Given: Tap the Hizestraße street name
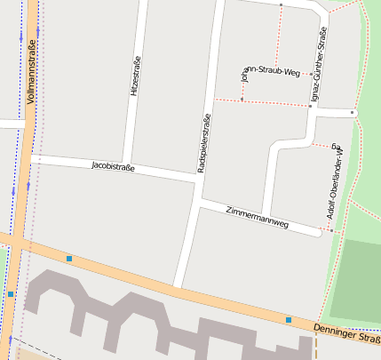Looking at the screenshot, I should click(x=135, y=76).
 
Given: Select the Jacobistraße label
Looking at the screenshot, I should click(x=113, y=166).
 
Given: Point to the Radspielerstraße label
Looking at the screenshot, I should click(x=204, y=143).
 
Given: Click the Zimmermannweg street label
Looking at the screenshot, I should click(x=258, y=218).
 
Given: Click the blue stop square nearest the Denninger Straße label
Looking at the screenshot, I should click(x=289, y=319).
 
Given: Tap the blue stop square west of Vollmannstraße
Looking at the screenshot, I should click(x=11, y=293).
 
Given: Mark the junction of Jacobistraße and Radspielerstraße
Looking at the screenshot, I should click(x=197, y=179).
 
